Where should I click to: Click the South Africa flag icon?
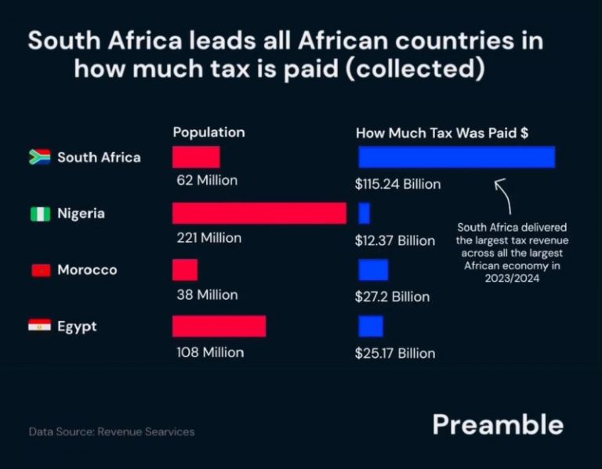click(x=40, y=157)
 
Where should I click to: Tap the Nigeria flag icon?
click(x=40, y=214)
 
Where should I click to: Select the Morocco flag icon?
click(x=40, y=270)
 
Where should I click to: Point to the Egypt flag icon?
click(x=40, y=326)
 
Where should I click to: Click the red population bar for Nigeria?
click(x=259, y=213)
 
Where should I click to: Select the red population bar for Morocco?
click(x=185, y=270)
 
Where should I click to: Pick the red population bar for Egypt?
click(x=219, y=326)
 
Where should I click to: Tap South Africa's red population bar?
click(x=196, y=157)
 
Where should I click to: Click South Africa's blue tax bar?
click(x=456, y=157)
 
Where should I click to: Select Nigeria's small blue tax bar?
click(x=364, y=213)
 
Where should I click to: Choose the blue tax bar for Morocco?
click(x=373, y=270)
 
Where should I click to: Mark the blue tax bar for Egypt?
click(x=371, y=326)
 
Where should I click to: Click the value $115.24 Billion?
click(x=397, y=185)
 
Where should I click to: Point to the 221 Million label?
click(x=209, y=237)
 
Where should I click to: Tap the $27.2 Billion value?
click(x=392, y=297)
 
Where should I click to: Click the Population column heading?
click(x=209, y=132)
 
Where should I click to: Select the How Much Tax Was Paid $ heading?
click(x=441, y=133)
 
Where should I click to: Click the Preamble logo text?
click(x=497, y=424)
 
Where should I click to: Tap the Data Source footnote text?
click(x=111, y=431)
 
